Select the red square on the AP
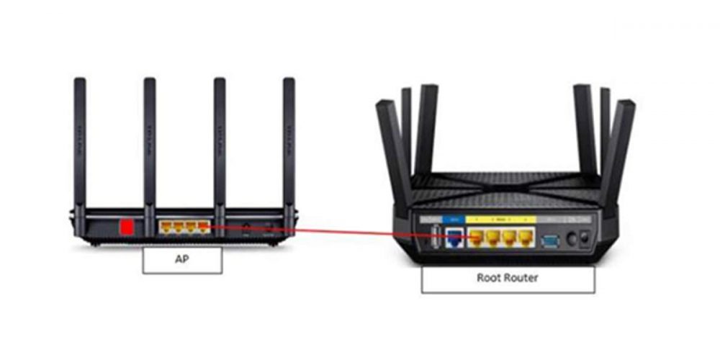tap(127, 228)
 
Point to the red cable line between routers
tap(338, 232)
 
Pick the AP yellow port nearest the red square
tap(166, 228)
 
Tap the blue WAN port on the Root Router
tap(454, 237)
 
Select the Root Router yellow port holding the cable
tap(477, 237)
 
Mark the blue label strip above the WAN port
tap(454, 217)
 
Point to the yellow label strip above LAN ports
tap(501, 217)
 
